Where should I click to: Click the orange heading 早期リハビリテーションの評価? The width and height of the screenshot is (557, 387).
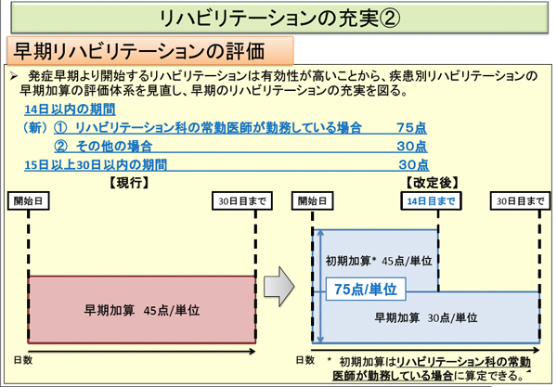tap(139, 51)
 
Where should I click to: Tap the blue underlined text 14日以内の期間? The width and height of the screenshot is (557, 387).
tap(70, 110)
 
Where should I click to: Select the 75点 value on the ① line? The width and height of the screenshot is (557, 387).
tap(411, 128)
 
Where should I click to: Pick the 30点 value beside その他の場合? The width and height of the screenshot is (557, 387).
tap(412, 147)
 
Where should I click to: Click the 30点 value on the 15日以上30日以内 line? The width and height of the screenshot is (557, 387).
tap(413, 165)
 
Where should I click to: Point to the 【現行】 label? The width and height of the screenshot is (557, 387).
tap(129, 183)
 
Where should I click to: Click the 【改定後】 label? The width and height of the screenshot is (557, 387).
tap(433, 183)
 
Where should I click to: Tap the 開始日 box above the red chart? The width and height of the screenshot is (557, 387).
tap(29, 201)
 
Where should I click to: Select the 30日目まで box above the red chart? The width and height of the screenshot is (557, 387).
tap(242, 201)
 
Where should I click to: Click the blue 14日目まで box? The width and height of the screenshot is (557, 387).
tap(431, 201)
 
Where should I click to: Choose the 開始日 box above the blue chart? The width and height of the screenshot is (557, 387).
tap(312, 201)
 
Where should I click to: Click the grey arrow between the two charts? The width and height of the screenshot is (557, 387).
tap(278, 286)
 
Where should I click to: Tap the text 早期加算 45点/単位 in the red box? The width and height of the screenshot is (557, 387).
tap(142, 310)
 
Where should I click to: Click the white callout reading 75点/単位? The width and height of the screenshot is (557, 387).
tap(366, 289)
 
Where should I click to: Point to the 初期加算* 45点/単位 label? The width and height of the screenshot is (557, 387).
tap(379, 261)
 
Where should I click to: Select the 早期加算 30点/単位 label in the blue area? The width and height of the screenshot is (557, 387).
tap(426, 317)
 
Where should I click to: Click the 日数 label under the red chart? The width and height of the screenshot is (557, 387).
tap(23, 360)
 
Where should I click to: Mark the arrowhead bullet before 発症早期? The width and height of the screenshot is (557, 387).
tap(14, 75)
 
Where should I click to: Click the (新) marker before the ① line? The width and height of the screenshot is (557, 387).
tap(35, 128)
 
